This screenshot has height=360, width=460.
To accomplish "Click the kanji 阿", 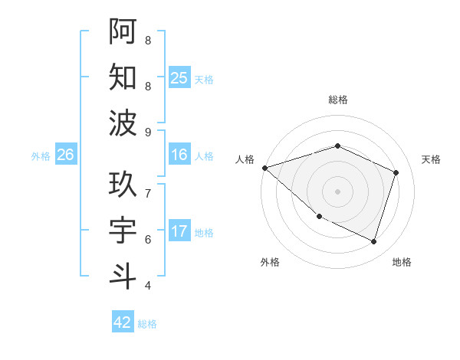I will coord(123,31).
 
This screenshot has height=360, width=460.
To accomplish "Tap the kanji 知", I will coord(123,77).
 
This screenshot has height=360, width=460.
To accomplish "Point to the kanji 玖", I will coord(123,185).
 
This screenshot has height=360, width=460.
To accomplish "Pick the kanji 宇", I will coord(123,231).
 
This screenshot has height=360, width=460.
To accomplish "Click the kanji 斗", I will coord(123,277).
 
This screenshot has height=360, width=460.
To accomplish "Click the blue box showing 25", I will coord(179,78).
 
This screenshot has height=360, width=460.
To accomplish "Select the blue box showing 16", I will coord(179,155).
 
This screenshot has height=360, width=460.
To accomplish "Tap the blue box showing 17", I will coord(179,232).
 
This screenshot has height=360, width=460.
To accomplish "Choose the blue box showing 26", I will coord(66,155).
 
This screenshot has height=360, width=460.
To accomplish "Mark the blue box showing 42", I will coord(123,322).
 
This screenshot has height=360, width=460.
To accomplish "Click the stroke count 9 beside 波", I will coord(147,133).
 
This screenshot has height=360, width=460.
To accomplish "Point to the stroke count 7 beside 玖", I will coord(147,194).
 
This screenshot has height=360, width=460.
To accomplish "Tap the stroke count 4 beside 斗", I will coord(147,286).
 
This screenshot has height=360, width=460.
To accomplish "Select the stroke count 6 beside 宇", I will coord(147,240).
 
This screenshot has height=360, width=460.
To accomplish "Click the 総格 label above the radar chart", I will coord(337,100).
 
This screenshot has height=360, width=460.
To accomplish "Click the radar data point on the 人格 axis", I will coord(264,167).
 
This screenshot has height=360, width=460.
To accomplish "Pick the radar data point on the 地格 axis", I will coord(374,242).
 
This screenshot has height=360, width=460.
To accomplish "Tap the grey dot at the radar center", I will coord(337,191).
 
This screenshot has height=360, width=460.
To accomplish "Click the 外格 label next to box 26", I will coord(41,156).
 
